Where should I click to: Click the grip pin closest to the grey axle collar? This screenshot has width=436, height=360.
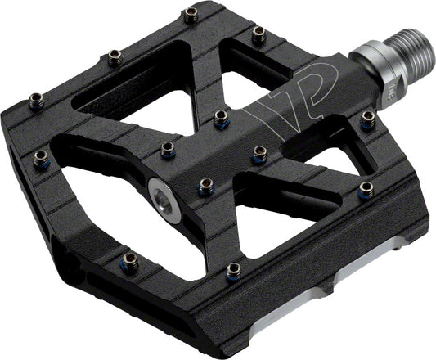[368, 120]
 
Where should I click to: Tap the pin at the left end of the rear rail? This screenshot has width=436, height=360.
[37, 101]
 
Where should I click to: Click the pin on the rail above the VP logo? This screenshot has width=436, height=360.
[258, 34]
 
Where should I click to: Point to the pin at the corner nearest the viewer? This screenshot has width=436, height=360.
[233, 269]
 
